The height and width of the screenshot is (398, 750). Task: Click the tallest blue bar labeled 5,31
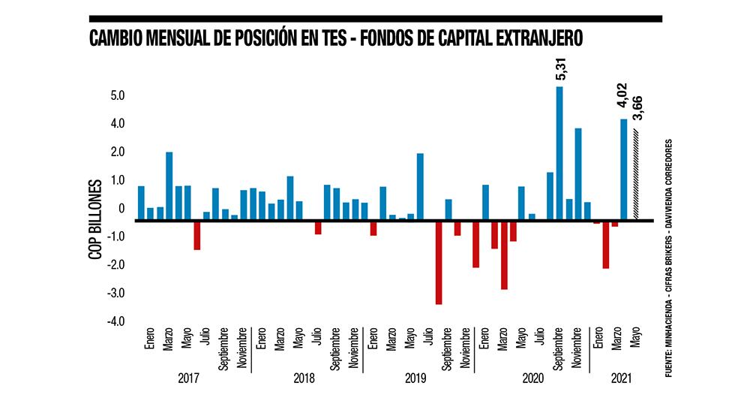(559, 153)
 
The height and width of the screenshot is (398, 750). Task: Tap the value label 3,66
(638, 108)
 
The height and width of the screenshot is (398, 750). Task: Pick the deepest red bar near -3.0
(439, 262)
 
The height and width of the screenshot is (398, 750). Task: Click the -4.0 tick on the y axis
(115, 322)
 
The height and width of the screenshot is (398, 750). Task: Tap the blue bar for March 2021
(624, 170)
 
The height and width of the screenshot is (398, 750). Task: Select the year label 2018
(304, 378)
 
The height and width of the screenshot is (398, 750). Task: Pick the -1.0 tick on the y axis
(115, 237)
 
